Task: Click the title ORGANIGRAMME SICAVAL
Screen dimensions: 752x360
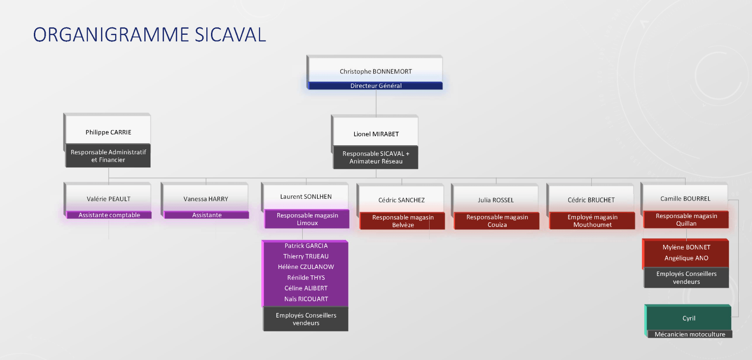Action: [149, 35]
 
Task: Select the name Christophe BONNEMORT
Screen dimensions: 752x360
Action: [376, 71]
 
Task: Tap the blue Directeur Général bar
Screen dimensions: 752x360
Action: [376, 86]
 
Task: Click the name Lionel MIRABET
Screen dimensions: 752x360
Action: [376, 134]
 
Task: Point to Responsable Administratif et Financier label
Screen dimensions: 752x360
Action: [108, 156]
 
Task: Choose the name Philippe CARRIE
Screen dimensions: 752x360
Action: [108, 133]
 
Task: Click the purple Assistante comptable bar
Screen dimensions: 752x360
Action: [109, 215]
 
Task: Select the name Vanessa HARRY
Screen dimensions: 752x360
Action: [206, 199]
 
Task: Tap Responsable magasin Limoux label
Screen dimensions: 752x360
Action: [307, 219]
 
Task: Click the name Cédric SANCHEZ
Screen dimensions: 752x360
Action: [401, 200]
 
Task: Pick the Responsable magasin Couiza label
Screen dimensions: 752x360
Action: [497, 221]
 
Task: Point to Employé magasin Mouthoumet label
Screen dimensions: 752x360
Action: [592, 221]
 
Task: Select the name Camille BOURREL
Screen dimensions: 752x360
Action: [685, 199]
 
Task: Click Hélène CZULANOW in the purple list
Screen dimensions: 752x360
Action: [306, 267]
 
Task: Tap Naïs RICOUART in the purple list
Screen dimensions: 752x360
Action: [306, 299]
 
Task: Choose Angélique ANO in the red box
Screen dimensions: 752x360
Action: [686, 258]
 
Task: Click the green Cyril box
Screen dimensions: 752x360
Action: [688, 318]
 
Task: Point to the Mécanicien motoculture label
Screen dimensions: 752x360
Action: [689, 334]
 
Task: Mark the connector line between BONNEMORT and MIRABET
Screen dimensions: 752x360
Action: [376, 102]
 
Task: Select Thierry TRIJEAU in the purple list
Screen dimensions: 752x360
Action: [306, 257]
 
